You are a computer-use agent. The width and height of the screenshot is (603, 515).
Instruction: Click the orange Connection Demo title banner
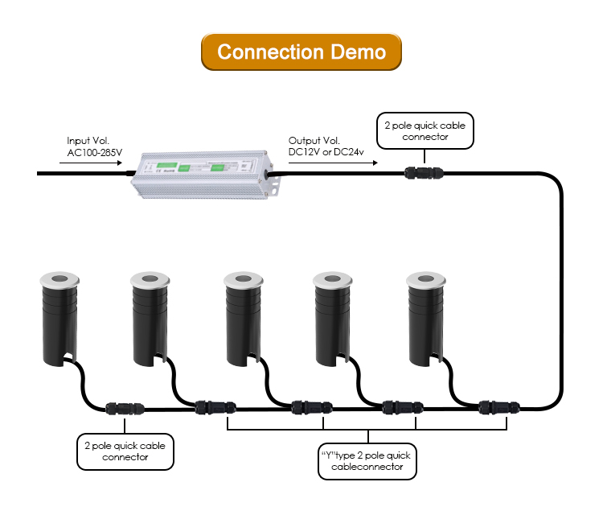point(301,52)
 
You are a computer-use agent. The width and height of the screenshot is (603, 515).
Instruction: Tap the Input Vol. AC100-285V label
point(93,146)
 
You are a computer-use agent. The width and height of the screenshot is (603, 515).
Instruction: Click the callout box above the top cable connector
point(425,131)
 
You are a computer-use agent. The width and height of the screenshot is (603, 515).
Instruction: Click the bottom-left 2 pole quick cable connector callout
point(125,451)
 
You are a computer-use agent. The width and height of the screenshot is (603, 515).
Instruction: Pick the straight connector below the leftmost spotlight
point(125,408)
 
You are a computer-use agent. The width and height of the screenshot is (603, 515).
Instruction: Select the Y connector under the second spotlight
point(215,406)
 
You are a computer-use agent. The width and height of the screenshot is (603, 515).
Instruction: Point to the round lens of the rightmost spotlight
point(425,279)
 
